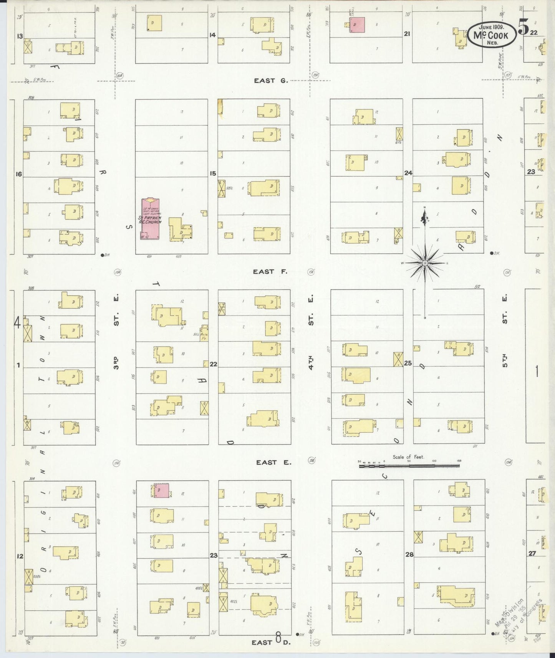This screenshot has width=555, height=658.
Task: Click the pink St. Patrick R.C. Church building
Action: pyautogui.click(x=151, y=219)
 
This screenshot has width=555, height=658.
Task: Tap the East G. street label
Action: pyautogui.click(x=270, y=81)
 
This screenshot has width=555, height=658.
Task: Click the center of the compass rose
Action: pyautogui.click(x=425, y=263)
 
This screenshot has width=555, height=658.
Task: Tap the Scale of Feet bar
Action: pyautogui.click(x=409, y=466)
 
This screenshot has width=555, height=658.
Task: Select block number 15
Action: pyautogui.click(x=213, y=174)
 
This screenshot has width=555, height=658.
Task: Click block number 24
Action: pyautogui.click(x=408, y=173)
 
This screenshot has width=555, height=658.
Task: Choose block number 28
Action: pyautogui.click(x=409, y=554)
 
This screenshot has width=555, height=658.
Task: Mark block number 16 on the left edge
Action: pyautogui.click(x=18, y=174)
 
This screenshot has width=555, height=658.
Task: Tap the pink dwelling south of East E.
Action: pyautogui.click(x=162, y=491)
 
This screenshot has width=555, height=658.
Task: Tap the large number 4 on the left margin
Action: pyautogui.click(x=17, y=323)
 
